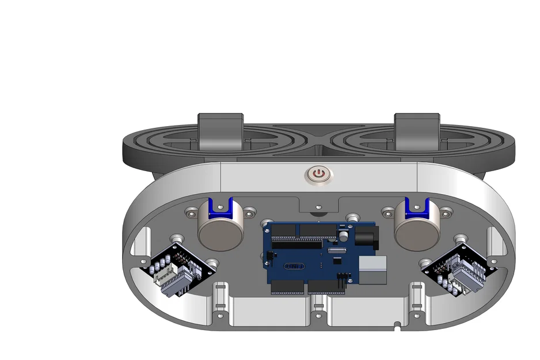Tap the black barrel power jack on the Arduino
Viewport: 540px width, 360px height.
366,236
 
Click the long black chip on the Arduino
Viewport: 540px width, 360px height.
296,244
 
